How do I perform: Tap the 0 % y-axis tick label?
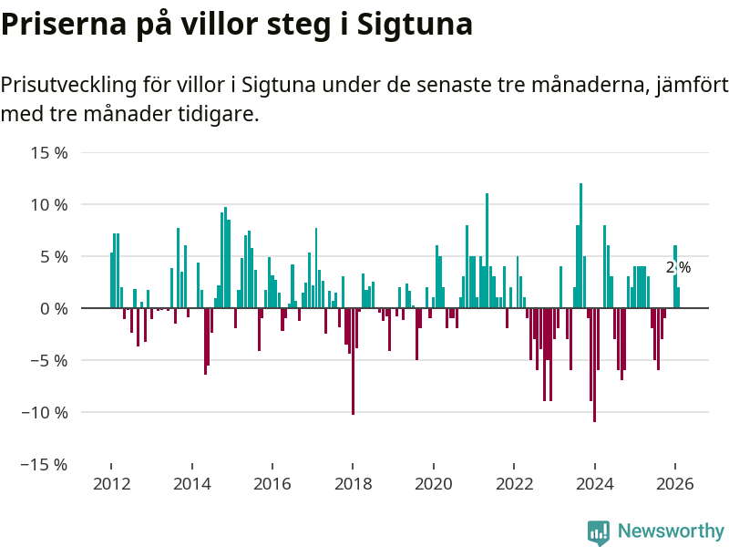(x=55, y=309)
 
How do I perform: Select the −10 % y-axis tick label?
(x=46, y=412)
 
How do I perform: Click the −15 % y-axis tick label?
(x=46, y=464)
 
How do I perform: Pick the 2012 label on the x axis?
(x=111, y=484)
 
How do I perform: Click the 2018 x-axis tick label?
(x=353, y=484)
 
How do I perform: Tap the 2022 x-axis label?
(x=514, y=484)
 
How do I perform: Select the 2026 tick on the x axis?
(x=675, y=484)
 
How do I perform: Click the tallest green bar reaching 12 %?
(x=580, y=246)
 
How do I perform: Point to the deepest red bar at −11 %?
(x=594, y=365)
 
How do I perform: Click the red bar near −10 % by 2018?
(x=353, y=361)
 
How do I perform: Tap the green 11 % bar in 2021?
(x=488, y=251)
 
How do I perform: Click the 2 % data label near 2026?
(x=678, y=268)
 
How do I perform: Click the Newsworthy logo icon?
(x=599, y=532)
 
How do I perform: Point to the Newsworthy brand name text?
(x=671, y=532)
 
